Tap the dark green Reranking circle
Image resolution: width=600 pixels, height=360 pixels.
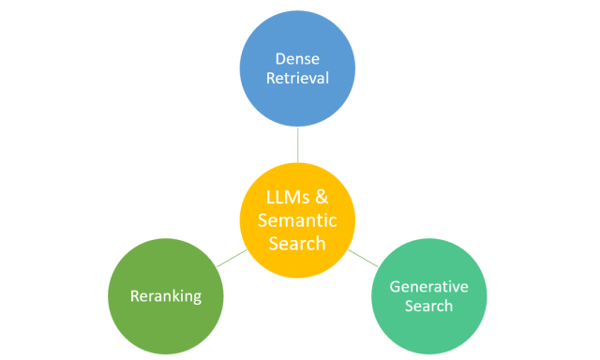[x=166, y=295]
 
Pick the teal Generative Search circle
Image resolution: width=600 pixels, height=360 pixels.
[x=429, y=296]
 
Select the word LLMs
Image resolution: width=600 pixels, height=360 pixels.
[x=283, y=198]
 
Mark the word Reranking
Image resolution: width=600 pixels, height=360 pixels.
[x=166, y=295]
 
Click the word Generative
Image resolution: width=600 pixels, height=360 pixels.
[x=429, y=285]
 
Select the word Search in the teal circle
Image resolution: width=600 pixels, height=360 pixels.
[x=429, y=306]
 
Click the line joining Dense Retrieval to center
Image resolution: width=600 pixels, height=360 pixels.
[x=297, y=145]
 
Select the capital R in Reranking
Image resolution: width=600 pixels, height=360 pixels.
[x=134, y=295]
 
